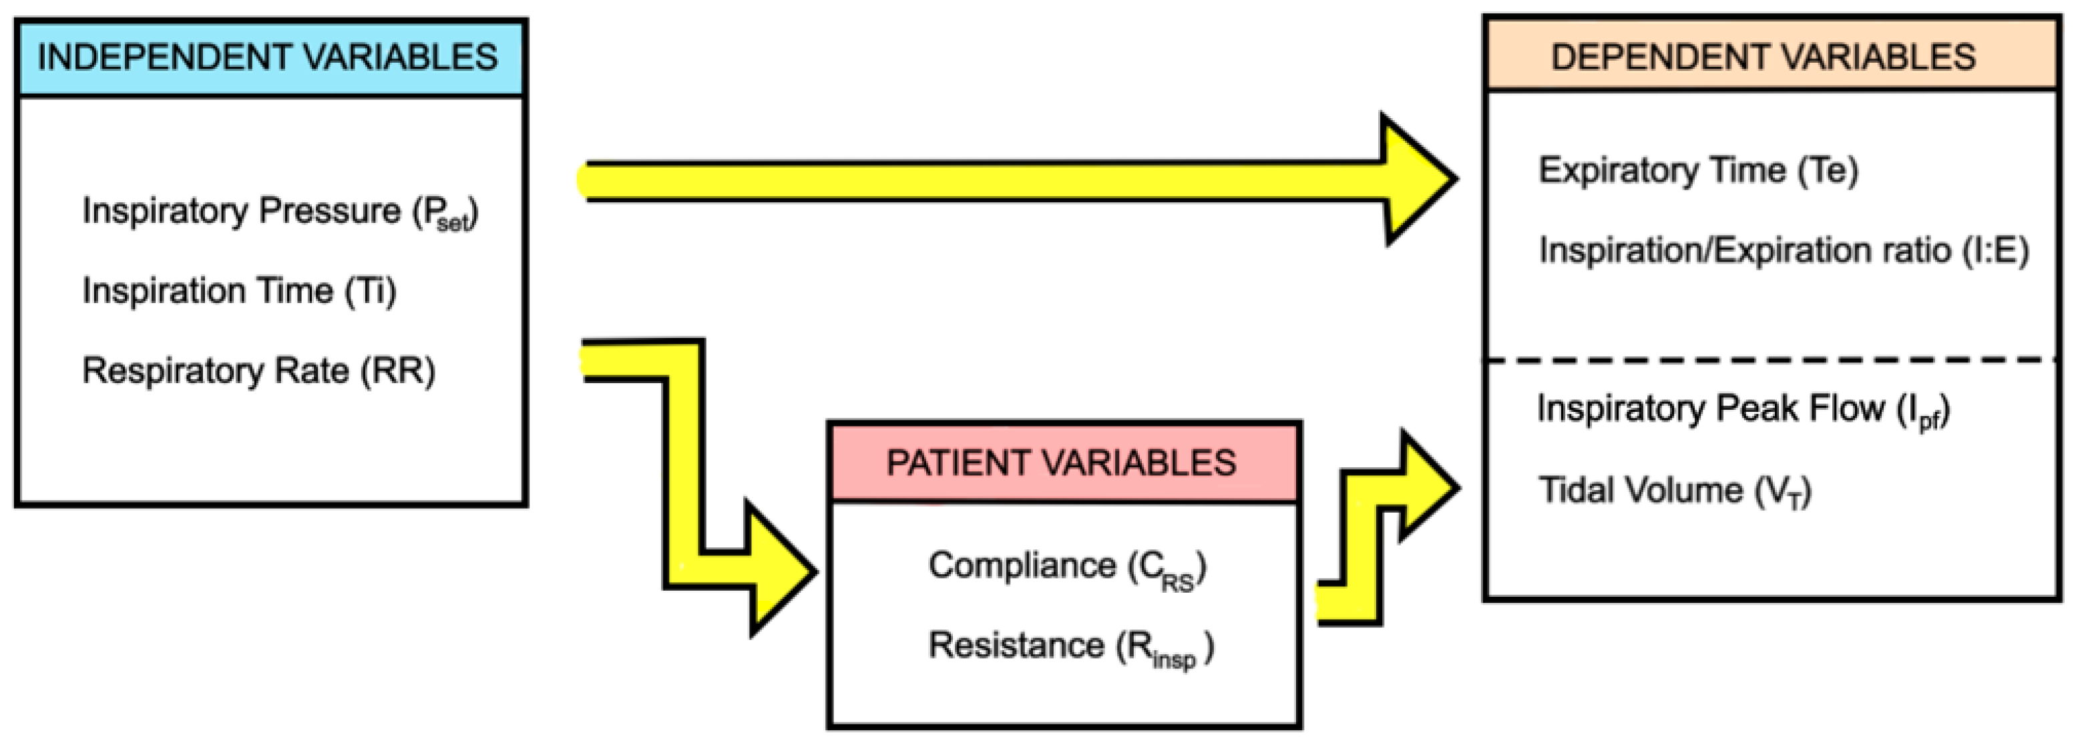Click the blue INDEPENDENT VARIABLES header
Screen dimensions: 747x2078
(x=270, y=58)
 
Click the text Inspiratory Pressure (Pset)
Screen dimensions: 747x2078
(x=280, y=212)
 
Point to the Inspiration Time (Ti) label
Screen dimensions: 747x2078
(x=240, y=290)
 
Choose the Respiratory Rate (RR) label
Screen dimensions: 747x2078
(x=258, y=371)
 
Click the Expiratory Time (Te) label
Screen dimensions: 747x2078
(x=1698, y=170)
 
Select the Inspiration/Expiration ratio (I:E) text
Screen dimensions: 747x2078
(x=1783, y=250)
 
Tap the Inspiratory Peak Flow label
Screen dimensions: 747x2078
(x=1742, y=409)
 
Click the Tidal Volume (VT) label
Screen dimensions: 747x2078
(x=1675, y=491)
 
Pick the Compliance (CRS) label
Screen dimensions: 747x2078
(x=1066, y=566)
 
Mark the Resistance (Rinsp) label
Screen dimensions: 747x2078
(x=1070, y=647)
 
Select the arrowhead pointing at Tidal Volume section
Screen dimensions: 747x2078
(x=1428, y=487)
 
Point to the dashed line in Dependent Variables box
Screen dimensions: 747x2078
(x=1771, y=360)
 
